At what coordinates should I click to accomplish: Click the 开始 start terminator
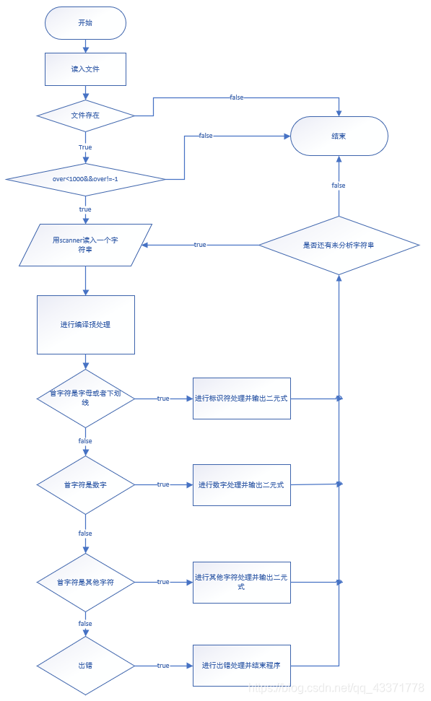(x=85, y=23)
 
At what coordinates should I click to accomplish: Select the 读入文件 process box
(x=85, y=69)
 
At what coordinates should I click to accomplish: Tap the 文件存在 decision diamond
(x=85, y=116)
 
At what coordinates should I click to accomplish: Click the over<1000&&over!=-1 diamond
(x=85, y=178)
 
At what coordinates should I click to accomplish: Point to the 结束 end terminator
(x=339, y=136)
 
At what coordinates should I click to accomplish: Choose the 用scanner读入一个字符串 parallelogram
(x=85, y=245)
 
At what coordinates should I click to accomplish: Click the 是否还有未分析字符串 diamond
(x=339, y=245)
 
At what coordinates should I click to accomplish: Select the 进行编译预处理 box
(x=85, y=325)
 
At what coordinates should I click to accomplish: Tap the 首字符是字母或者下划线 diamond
(x=85, y=398)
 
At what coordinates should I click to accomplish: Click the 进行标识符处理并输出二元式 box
(x=241, y=398)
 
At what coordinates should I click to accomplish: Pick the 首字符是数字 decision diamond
(x=85, y=484)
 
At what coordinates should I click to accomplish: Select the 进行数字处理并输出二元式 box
(x=241, y=484)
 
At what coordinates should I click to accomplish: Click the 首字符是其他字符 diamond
(x=85, y=582)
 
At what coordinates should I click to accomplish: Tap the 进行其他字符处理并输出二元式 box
(x=241, y=582)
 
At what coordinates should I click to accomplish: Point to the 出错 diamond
(x=85, y=665)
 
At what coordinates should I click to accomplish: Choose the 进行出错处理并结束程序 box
(x=241, y=665)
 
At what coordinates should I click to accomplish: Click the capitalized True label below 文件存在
(x=85, y=147)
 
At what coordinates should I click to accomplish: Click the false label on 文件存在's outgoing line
(x=236, y=97)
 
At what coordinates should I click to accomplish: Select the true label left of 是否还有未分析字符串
(x=200, y=245)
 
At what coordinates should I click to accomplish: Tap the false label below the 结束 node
(x=339, y=186)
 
